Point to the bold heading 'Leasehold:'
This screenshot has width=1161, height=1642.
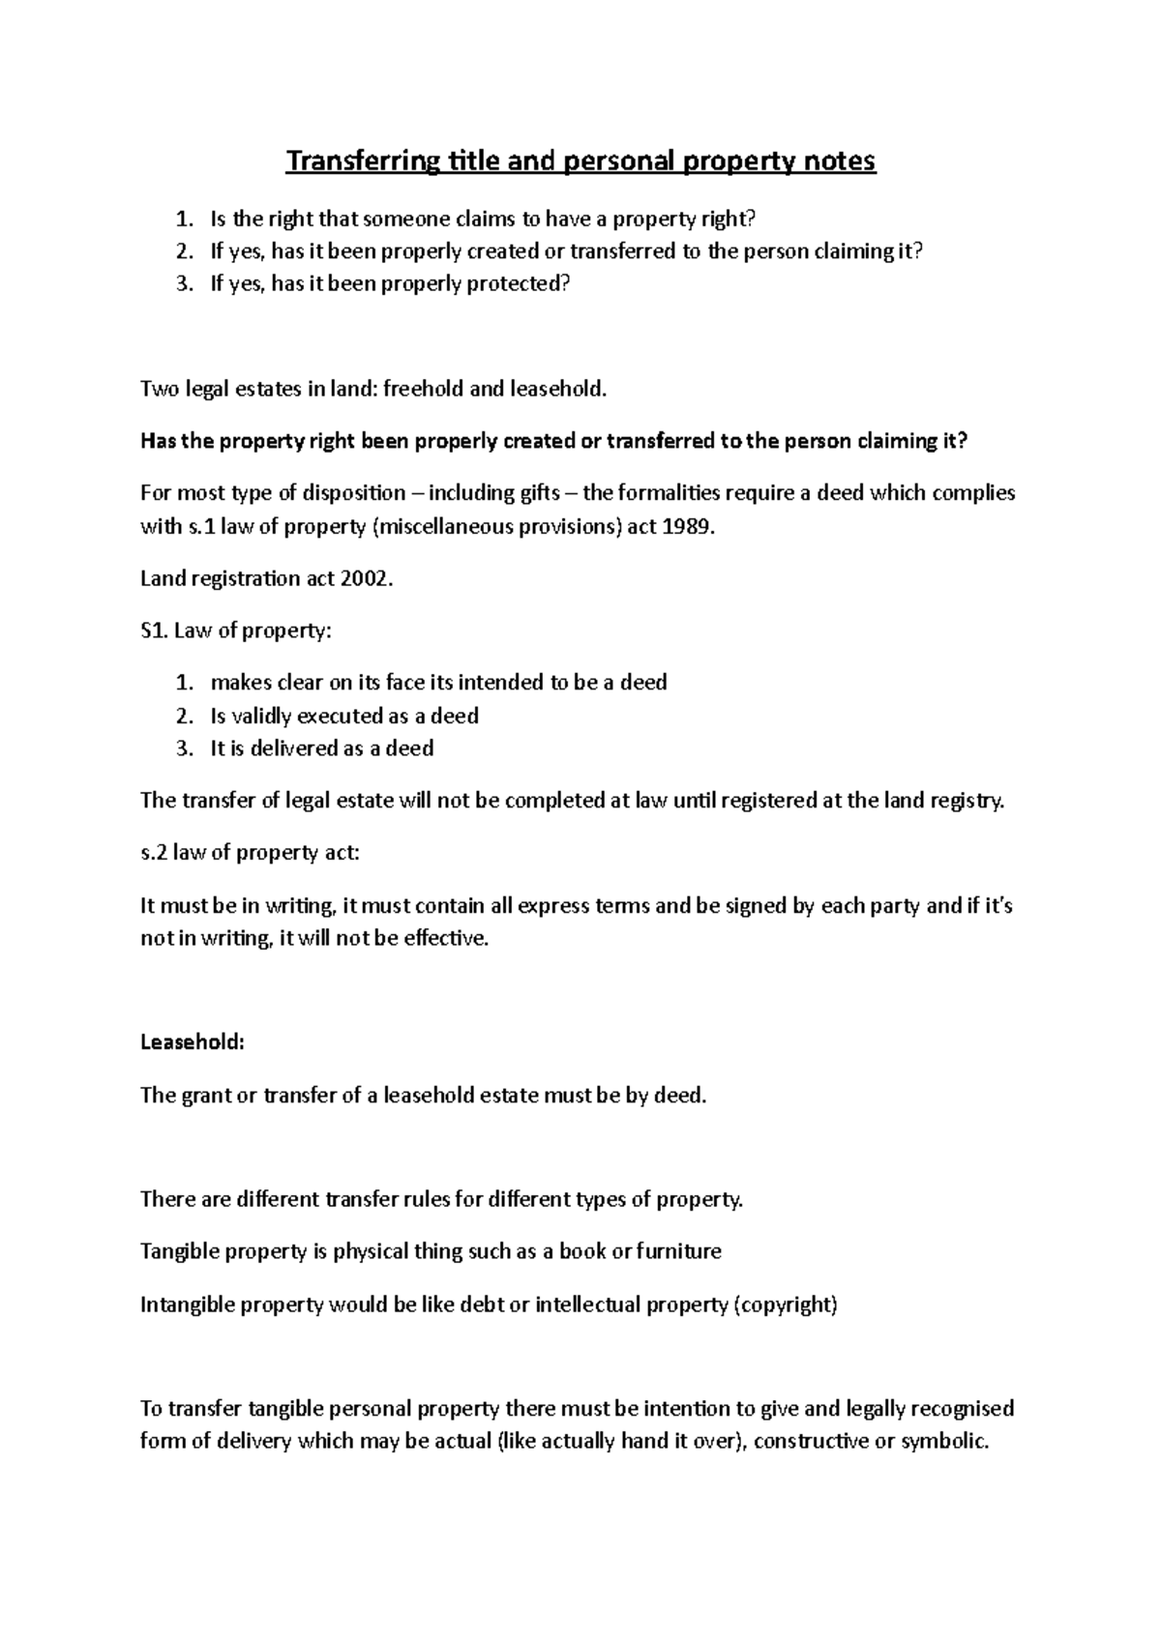click(x=193, y=1042)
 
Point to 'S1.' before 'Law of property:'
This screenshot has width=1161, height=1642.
click(x=155, y=630)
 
